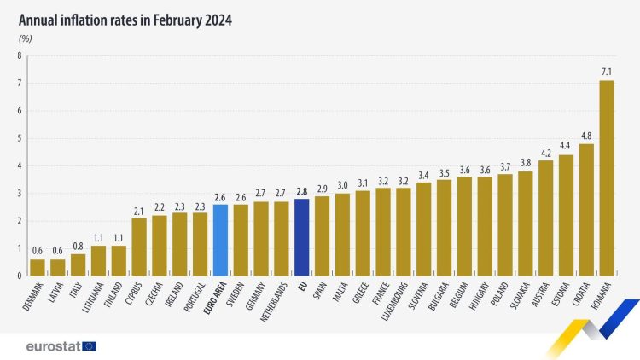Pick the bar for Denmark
[x=37, y=267]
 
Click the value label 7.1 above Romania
[x=607, y=72]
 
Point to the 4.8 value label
[x=586, y=135]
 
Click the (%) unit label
[x=25, y=38]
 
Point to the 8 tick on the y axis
[x=19, y=56]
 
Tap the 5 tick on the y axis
[x=19, y=138]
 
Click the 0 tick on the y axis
[x=19, y=276]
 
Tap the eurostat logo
[x=61, y=345]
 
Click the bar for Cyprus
[x=139, y=247]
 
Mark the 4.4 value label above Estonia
[x=566, y=146]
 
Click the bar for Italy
[x=78, y=264]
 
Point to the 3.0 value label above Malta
[x=342, y=184]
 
